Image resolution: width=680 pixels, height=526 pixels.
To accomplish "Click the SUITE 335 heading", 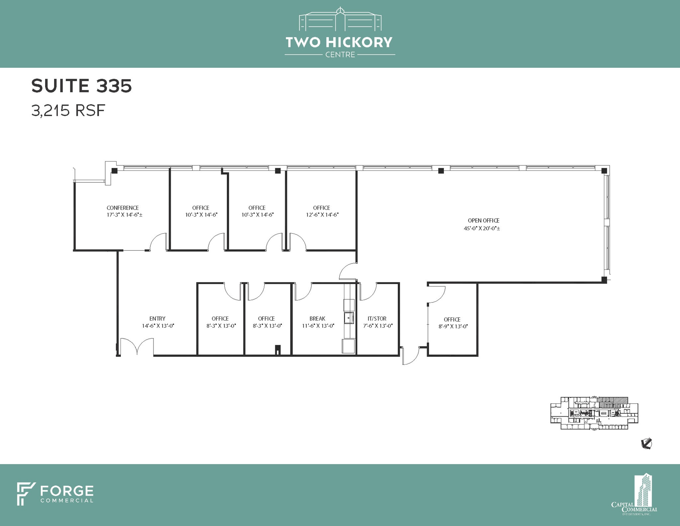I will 82,86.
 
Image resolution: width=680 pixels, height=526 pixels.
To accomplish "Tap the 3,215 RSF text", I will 68,110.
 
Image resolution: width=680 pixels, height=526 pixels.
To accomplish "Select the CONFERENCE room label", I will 123,208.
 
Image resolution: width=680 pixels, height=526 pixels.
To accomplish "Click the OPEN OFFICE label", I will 483,220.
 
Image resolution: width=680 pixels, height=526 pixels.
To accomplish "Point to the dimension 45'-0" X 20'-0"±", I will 482,228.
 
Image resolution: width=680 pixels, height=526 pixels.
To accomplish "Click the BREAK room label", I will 317,318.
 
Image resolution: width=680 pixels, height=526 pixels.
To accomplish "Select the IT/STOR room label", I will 377,318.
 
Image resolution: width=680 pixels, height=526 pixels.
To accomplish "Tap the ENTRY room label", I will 157,318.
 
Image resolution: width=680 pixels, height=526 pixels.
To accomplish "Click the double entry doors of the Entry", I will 137,347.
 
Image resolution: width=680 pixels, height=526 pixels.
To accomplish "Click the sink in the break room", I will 349,318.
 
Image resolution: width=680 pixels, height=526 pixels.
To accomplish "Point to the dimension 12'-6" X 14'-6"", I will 322,215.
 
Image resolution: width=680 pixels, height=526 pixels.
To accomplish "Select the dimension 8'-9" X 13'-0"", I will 453,326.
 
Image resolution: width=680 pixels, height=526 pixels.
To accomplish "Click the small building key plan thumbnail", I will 594,413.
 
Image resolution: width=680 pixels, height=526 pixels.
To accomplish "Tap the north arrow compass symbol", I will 646,444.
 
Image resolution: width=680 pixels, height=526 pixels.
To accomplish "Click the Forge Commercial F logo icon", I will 26,494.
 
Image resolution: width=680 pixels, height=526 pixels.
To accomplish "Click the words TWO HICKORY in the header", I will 339,42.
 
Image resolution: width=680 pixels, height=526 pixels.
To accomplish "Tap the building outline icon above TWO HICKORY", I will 340,19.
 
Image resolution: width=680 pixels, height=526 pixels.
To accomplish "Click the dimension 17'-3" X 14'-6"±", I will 125,215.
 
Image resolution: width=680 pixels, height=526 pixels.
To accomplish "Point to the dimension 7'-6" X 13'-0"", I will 378,326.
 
